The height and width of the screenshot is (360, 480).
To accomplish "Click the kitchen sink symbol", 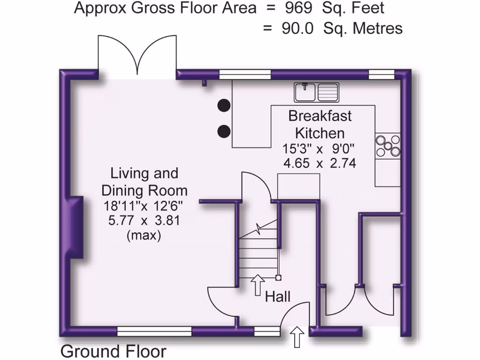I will coord(317,92).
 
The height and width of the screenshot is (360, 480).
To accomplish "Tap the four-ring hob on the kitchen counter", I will coord(388,145).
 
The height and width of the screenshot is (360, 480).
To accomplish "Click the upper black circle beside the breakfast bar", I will coord(224,105).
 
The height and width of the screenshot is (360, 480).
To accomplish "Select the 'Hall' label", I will coord(278,297).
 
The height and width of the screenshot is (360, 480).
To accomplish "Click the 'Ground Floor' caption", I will coord(113,352).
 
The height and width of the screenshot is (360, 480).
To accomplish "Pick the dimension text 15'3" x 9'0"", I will coord(319,149).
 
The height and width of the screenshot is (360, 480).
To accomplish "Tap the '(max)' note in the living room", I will coord(144,235).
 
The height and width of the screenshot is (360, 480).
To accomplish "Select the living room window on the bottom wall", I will coord(155,332).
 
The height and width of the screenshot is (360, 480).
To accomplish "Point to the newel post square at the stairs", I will coord(278,277).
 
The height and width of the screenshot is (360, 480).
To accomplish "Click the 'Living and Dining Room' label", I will coord(144,182).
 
